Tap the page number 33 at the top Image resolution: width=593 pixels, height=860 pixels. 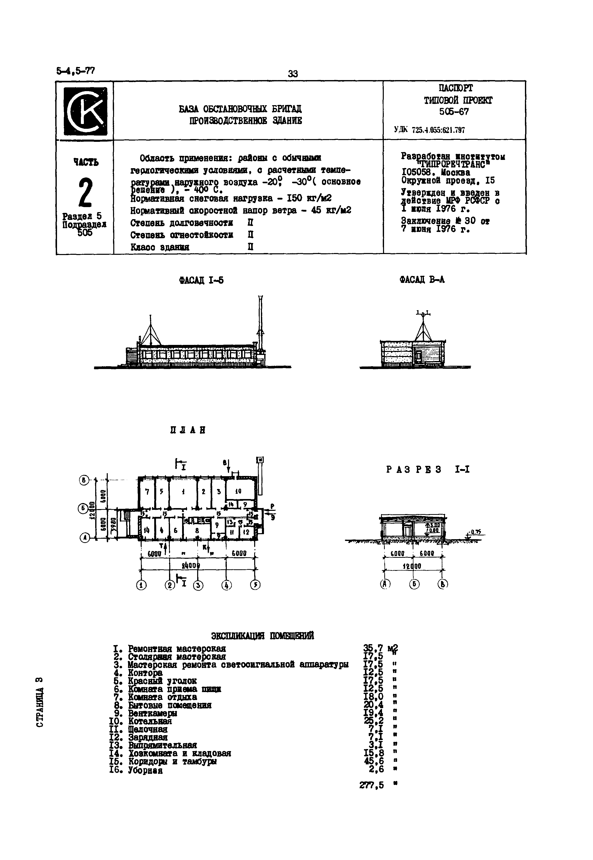[x=293, y=74]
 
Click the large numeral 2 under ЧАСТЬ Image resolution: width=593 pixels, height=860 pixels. [x=85, y=192]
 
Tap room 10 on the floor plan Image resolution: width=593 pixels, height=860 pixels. [x=238, y=491]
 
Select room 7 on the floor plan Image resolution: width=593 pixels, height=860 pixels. [x=147, y=492]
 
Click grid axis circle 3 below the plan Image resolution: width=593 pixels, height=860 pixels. [x=198, y=585]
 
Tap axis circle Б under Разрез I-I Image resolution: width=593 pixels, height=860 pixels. [x=414, y=584]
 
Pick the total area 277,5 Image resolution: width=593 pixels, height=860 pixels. [x=371, y=785]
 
